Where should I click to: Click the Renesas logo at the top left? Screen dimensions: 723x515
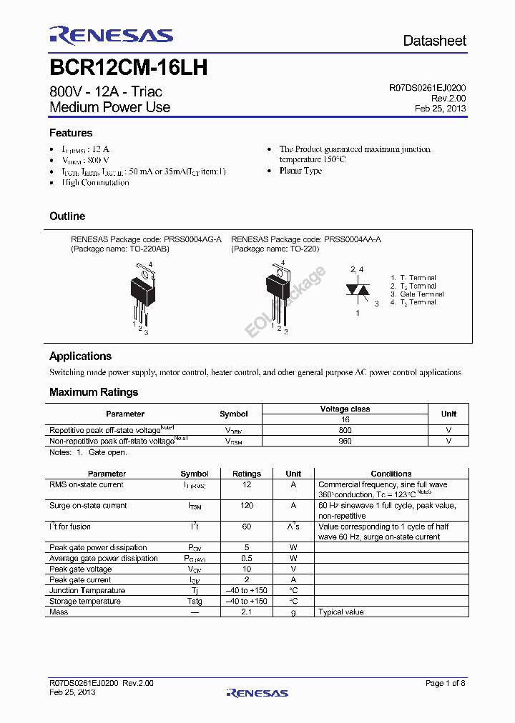(x=111, y=35)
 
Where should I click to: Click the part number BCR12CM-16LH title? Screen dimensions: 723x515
(x=129, y=68)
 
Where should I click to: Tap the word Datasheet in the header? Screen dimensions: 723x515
(x=434, y=41)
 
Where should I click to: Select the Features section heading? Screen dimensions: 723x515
(x=71, y=133)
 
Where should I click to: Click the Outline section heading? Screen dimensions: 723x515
(x=67, y=216)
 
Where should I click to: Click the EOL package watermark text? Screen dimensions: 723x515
(x=285, y=301)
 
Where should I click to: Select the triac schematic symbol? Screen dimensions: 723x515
(x=358, y=289)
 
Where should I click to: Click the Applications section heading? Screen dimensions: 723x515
(x=80, y=356)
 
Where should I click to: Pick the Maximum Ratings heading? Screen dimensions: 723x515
(x=94, y=392)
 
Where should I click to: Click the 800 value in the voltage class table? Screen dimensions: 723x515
(x=345, y=431)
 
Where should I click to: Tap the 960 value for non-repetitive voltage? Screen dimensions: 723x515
(x=345, y=442)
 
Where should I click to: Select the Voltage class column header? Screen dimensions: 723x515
(x=345, y=409)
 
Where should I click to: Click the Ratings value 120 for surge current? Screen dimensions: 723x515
(x=247, y=506)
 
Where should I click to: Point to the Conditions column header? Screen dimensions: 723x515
(x=391, y=474)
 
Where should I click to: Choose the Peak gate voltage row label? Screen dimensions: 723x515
(x=80, y=569)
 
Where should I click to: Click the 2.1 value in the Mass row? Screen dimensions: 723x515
(x=247, y=612)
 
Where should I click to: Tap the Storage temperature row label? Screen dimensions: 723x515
(x=84, y=602)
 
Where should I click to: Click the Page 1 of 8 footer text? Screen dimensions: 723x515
(x=446, y=684)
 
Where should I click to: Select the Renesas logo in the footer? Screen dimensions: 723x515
(x=257, y=692)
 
